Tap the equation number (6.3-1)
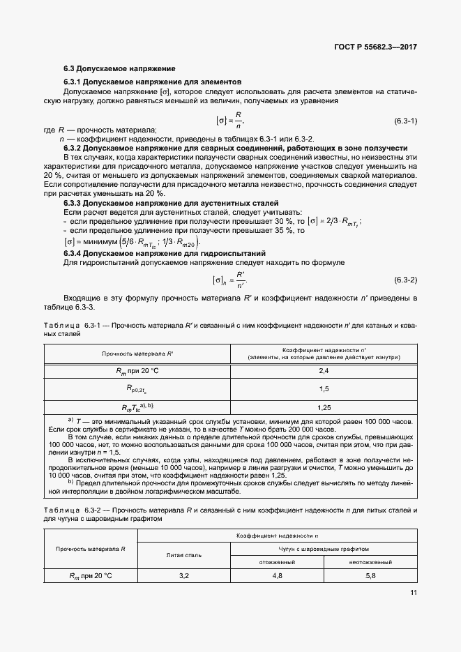pyautogui.click(x=405, y=121)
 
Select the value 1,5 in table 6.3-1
pyautogui.click(x=323, y=388)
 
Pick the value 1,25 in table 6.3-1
pyautogui.click(x=323, y=407)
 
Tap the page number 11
pyautogui.click(x=414, y=593)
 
